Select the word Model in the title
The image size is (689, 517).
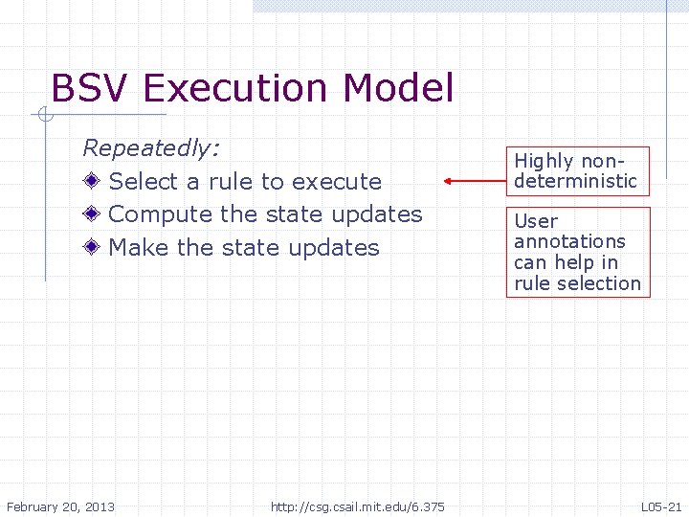tap(397, 88)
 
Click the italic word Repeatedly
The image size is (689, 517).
tap(151, 148)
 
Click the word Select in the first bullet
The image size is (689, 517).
tap(144, 182)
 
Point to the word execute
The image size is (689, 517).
tap(337, 182)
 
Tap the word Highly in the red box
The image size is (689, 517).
tap(544, 161)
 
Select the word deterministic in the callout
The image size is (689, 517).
tap(575, 180)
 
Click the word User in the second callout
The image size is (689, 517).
tap(536, 221)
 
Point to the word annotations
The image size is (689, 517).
tap(569, 241)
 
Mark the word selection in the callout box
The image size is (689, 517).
tap(604, 283)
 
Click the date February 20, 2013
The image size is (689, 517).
tap(60, 506)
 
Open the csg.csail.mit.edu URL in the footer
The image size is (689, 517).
tap(357, 506)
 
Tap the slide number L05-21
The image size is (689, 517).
tap(661, 506)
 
